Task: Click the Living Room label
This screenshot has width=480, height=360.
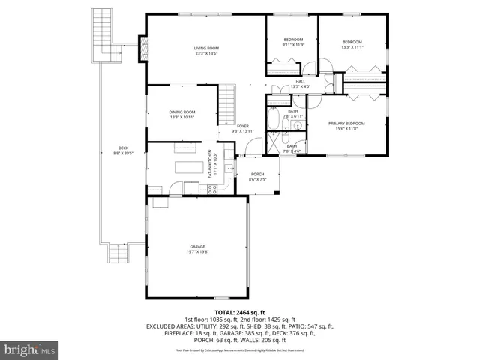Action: [206, 51]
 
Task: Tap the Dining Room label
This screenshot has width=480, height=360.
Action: [182, 115]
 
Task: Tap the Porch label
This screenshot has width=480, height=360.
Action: [257, 177]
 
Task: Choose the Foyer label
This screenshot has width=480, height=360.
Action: [243, 128]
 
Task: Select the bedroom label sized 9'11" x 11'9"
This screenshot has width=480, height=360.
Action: [292, 43]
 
